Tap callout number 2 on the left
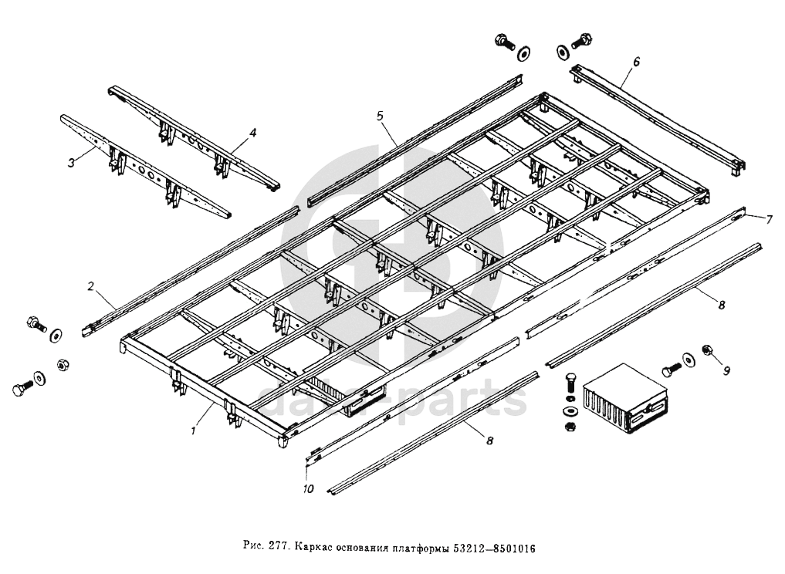coord(90,286)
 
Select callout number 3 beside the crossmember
coord(71,162)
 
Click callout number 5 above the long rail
coord(381,116)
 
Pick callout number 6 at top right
coord(636,60)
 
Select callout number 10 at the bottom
coord(307,489)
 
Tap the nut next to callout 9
coord(706,352)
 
